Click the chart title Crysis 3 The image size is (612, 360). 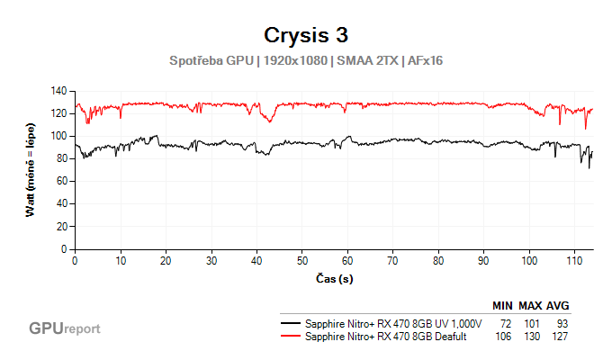click(306, 35)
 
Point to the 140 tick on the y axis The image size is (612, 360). click(60, 91)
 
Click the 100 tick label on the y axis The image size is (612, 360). click(60, 136)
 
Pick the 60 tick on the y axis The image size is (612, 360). click(63, 181)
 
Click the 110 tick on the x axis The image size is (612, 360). click(574, 260)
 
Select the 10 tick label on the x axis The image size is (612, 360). click(120, 260)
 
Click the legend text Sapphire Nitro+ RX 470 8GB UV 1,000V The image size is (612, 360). click(394, 323)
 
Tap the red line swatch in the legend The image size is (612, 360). click(291, 336)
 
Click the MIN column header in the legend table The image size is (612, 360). click(502, 306)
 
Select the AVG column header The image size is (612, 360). click(558, 306)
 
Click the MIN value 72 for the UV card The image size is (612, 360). click(504, 323)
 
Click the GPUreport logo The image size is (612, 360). click(65, 328)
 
